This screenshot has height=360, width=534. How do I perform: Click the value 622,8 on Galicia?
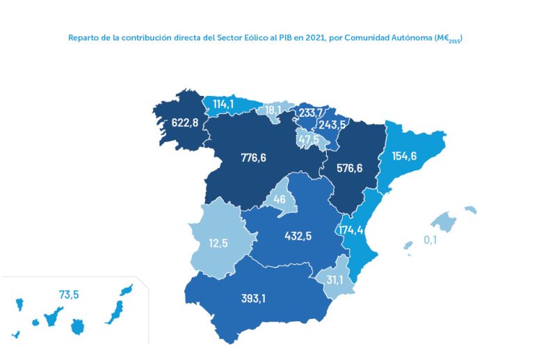click(185, 123)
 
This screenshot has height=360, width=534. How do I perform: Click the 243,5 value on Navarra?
click(332, 125)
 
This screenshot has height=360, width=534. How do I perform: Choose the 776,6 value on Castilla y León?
click(254, 158)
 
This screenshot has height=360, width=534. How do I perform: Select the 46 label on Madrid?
click(280, 199)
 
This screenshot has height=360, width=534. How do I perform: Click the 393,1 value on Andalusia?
click(258, 300)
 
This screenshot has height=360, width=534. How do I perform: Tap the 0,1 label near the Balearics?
click(430, 240)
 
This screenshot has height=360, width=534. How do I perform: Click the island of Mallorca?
click(444, 222)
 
